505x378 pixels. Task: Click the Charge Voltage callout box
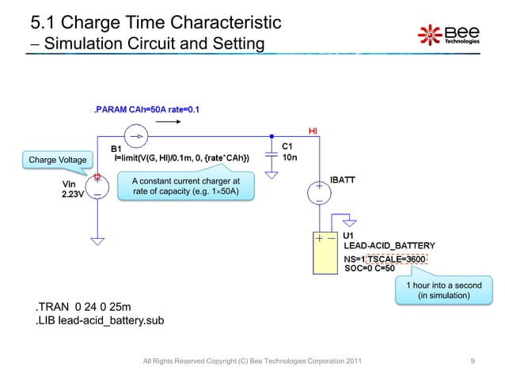(x=57, y=161)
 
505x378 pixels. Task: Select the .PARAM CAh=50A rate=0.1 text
(x=146, y=108)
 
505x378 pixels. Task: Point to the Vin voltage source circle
(x=97, y=191)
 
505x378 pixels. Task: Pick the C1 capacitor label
(x=288, y=146)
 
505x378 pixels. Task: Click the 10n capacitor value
(x=290, y=157)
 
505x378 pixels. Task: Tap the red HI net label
(x=313, y=130)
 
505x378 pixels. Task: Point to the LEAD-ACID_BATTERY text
(x=389, y=247)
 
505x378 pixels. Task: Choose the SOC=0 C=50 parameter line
(x=370, y=268)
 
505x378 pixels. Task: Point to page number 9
(x=473, y=361)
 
